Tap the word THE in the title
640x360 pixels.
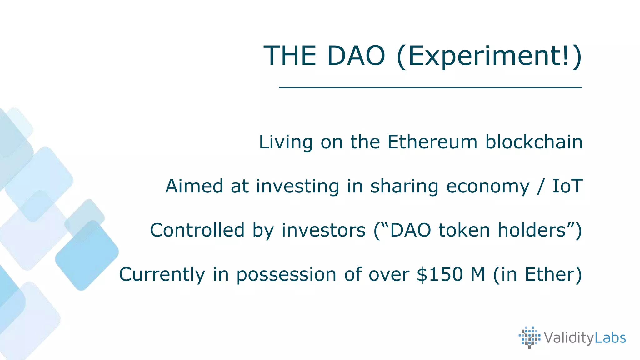click(x=290, y=56)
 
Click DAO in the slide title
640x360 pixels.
click(x=356, y=56)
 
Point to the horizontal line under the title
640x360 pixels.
click(x=430, y=87)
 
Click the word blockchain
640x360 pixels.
click(x=534, y=142)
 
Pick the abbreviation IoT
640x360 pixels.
click(x=567, y=186)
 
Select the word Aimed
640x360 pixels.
click(x=194, y=186)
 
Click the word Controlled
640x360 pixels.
click(x=197, y=230)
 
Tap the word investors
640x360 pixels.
click(x=323, y=230)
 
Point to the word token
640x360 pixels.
click(x=464, y=230)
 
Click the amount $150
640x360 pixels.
click(x=440, y=274)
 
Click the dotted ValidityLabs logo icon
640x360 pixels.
click(x=529, y=337)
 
